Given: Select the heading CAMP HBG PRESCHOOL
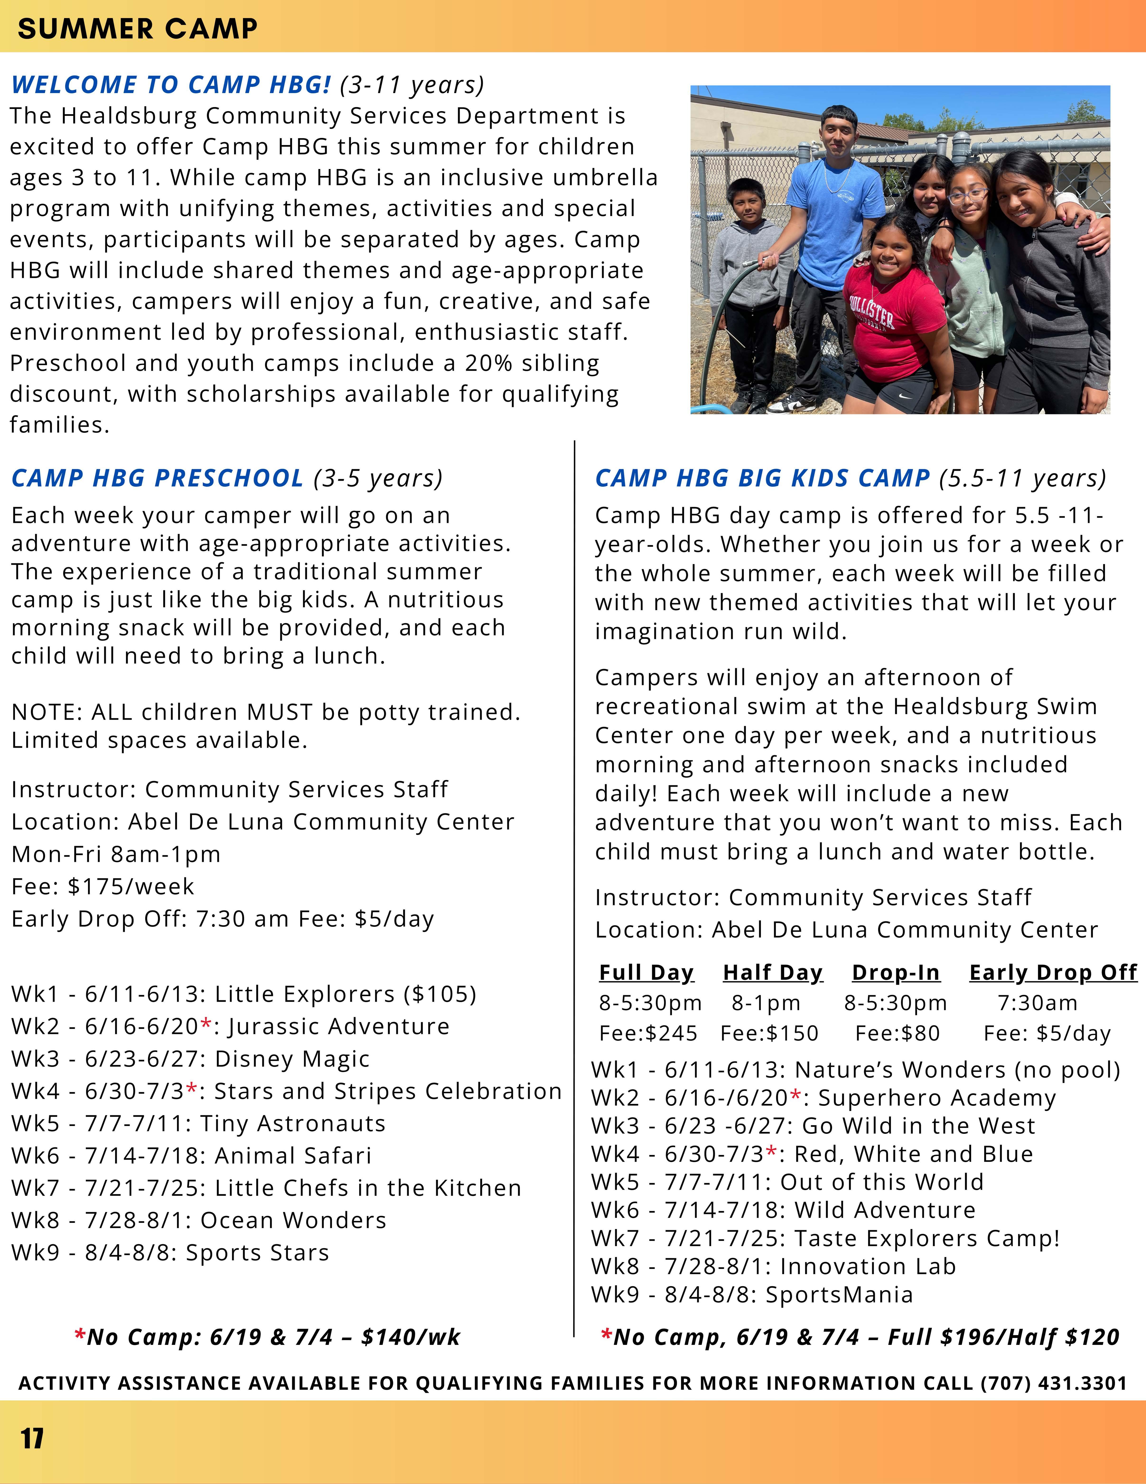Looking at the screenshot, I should coord(158,478).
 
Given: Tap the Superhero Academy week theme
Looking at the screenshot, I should coord(937,1098).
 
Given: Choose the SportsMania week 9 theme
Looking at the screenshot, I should coord(839,1295).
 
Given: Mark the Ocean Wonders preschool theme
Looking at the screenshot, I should coord(294,1220).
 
